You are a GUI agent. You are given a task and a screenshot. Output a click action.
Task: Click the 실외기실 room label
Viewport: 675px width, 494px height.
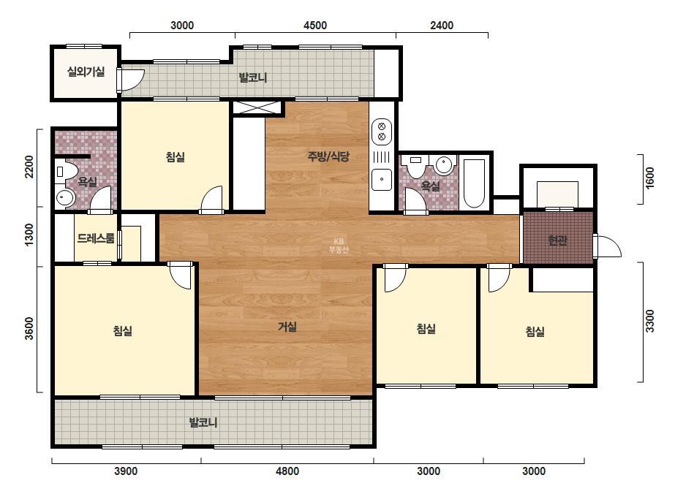(86, 72)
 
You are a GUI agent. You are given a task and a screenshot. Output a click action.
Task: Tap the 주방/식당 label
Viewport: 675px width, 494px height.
(328, 156)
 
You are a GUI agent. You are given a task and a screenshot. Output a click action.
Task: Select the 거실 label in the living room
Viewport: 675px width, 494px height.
(287, 327)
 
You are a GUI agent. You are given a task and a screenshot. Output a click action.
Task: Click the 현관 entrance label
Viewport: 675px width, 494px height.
(557, 240)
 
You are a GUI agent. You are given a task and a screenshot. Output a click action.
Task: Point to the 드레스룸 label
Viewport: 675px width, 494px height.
(96, 238)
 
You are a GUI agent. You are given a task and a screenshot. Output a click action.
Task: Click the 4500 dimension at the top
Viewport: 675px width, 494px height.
(315, 26)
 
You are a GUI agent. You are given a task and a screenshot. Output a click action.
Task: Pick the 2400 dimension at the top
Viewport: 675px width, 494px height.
(442, 26)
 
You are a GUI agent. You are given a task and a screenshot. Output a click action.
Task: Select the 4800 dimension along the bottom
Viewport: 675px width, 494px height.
(287, 471)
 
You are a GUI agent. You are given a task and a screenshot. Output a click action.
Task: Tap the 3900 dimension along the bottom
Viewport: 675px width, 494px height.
(126, 471)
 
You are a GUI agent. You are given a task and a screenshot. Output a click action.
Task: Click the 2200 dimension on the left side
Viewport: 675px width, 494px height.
(29, 167)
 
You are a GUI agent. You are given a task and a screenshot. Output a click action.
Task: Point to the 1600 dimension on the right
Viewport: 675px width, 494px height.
(649, 178)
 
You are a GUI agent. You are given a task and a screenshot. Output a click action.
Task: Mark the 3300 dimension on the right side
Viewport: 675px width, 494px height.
(649, 321)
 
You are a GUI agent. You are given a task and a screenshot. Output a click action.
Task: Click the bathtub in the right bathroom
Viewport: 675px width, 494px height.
(475, 183)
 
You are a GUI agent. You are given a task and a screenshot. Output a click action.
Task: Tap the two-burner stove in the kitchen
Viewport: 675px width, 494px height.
(382, 132)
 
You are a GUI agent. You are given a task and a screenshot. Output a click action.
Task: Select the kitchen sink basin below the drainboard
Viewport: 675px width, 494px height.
(382, 180)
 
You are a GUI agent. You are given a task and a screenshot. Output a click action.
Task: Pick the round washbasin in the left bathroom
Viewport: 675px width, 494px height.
(65, 198)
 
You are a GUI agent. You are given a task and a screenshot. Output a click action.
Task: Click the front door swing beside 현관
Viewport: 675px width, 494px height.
(608, 246)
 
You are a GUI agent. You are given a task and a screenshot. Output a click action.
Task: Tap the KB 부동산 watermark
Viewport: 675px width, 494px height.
(339, 246)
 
